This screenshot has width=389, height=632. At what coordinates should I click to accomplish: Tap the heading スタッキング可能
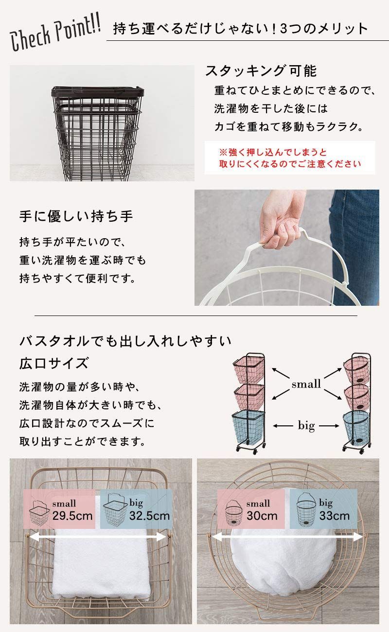(261, 71)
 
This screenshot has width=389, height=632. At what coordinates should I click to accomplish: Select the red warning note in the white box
(290, 158)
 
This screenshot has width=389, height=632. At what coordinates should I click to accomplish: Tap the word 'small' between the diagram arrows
(306, 384)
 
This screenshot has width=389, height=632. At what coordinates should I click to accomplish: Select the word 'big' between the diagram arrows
(306, 426)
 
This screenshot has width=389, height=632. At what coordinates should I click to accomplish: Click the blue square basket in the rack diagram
(248, 426)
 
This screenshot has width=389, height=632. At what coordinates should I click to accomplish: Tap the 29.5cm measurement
(72, 516)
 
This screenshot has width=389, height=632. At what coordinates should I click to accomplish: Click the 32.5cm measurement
(149, 516)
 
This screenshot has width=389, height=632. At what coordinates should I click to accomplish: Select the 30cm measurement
(262, 516)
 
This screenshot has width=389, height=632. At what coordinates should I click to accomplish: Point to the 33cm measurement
(334, 516)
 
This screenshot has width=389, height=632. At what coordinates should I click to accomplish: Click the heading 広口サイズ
(54, 363)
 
